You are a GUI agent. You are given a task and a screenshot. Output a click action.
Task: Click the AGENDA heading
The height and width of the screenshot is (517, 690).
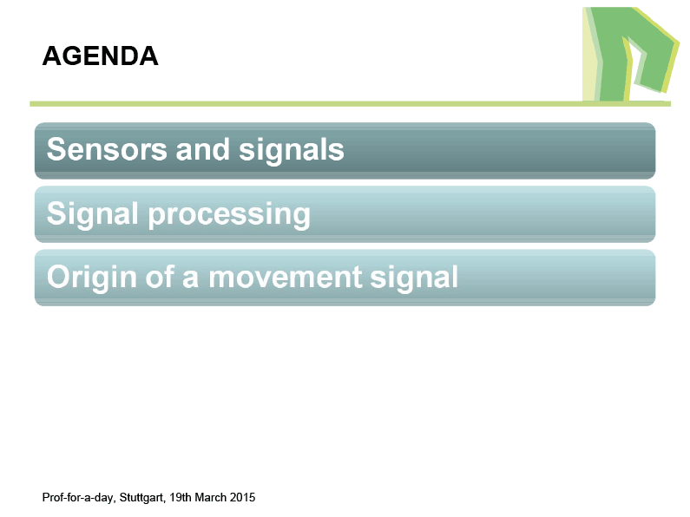pos(101,56)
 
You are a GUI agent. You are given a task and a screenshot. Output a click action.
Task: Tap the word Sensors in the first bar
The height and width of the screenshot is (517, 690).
pos(107,149)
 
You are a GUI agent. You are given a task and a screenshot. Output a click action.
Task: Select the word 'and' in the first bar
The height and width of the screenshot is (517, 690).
pos(203,149)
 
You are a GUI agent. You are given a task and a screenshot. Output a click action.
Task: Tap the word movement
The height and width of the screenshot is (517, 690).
pos(286,278)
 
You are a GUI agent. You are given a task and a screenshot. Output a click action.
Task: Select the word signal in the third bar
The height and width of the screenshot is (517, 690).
pos(414,278)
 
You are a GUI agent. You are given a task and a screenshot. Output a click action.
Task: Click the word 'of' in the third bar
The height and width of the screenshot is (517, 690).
pos(161,277)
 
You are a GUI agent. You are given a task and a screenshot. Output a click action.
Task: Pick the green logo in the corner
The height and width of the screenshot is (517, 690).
pos(631,54)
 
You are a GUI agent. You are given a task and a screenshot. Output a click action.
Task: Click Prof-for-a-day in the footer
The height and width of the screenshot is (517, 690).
pos(78,497)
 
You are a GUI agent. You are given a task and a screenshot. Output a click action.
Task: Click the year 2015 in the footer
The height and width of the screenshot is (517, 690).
pos(242,497)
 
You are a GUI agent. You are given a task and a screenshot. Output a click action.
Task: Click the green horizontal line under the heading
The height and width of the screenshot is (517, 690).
pos(351,104)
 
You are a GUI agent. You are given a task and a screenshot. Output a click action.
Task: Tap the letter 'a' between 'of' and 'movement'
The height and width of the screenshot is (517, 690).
pos(191,279)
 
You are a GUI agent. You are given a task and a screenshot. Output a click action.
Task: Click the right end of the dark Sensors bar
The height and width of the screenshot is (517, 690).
pos(654,151)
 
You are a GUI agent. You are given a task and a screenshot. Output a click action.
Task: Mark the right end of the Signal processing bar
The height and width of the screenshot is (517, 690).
pos(654,214)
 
